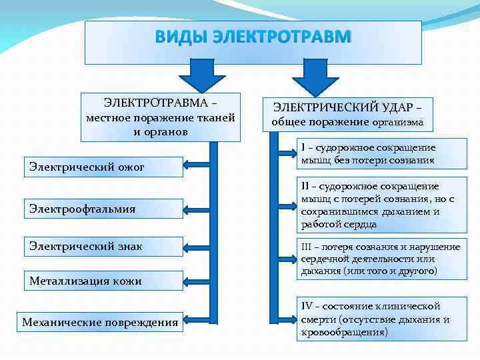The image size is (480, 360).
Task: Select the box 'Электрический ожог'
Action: (x=103, y=167)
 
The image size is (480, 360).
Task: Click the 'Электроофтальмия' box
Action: (x=103, y=209)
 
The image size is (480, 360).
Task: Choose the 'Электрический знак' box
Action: (x=103, y=246)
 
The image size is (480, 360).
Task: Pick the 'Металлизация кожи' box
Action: (x=103, y=281)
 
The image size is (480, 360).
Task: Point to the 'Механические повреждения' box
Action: (x=100, y=323)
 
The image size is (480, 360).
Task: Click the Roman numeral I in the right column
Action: (x=303, y=147)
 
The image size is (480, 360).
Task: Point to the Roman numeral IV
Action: (x=307, y=306)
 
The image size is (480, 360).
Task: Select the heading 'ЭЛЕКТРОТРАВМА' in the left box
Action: (x=155, y=103)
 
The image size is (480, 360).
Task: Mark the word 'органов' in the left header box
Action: (x=169, y=131)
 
